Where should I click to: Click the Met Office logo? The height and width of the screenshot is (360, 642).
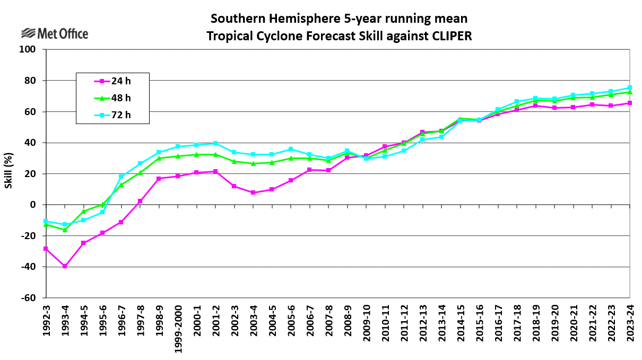(55, 34)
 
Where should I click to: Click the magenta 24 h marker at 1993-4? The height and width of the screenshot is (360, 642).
(65, 266)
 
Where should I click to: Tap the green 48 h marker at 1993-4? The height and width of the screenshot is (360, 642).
(65, 230)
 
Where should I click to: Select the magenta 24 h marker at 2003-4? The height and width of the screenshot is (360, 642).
(253, 192)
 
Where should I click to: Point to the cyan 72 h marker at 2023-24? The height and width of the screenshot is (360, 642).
(630, 88)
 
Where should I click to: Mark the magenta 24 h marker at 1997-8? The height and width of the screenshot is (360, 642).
(140, 201)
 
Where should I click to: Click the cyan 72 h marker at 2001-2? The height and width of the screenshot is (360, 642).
(215, 144)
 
